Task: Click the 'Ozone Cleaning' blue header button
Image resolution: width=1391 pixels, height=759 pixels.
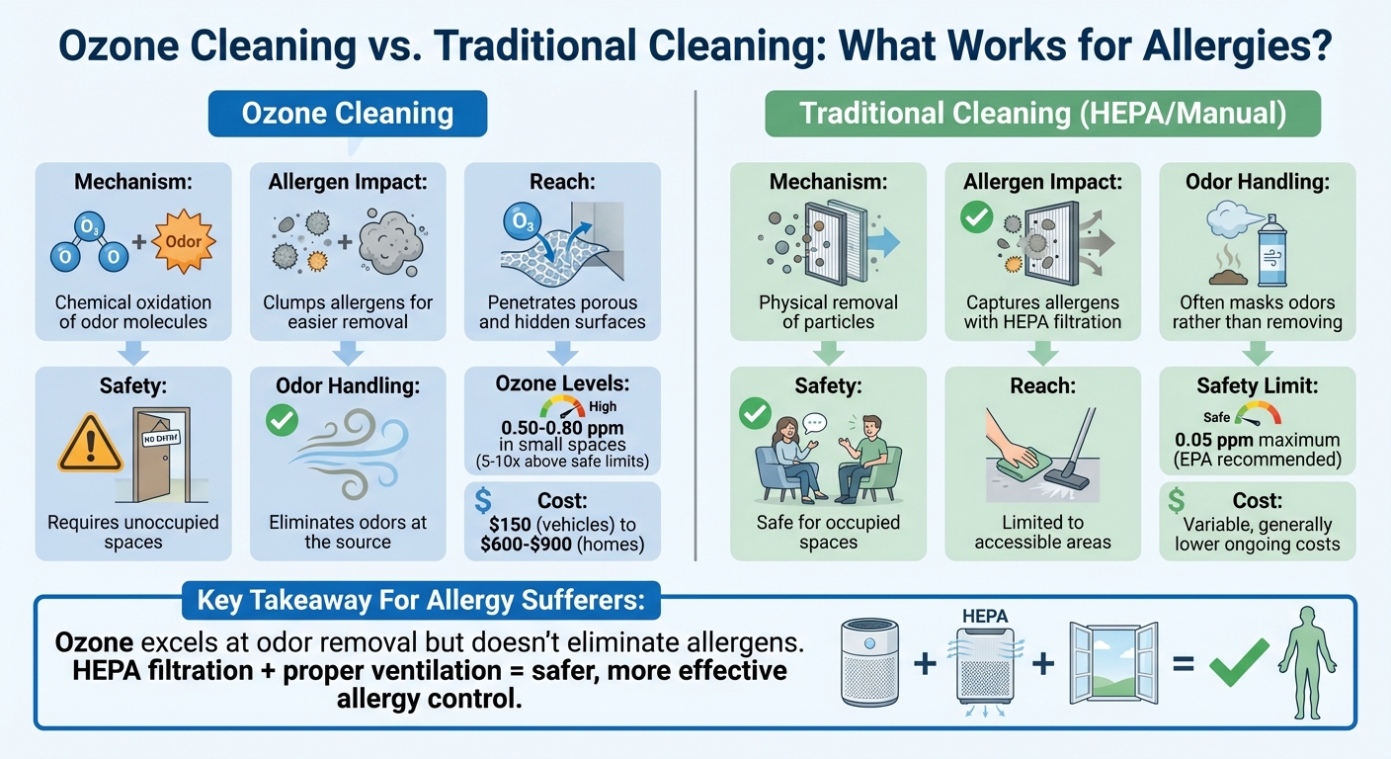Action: [x=347, y=114]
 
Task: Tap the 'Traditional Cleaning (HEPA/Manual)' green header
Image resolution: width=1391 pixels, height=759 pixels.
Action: [x=1042, y=114]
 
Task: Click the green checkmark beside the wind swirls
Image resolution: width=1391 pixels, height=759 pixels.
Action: [x=283, y=423]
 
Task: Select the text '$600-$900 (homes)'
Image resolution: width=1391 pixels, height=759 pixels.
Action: [x=562, y=543]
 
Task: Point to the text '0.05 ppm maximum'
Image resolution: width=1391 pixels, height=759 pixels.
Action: [x=1257, y=440]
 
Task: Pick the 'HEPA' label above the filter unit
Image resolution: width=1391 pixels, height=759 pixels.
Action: [x=984, y=617]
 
